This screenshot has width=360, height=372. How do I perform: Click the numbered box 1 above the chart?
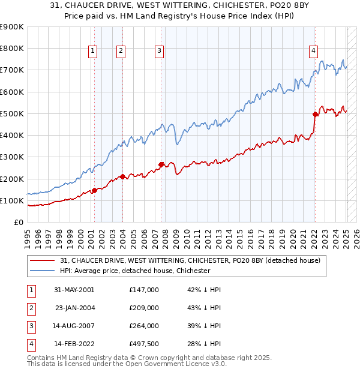[94, 52]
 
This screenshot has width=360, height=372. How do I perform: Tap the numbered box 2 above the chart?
[121, 52]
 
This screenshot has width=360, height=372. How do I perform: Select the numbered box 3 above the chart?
[160, 52]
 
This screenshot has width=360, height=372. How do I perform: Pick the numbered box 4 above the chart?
[314, 52]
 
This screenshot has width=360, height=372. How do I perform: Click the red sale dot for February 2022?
[315, 113]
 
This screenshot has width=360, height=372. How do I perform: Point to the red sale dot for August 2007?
[161, 164]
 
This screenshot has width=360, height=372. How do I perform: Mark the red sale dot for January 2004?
[122, 176]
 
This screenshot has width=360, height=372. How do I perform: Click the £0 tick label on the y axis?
[19, 222]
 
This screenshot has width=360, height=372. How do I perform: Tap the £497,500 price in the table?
[143, 344]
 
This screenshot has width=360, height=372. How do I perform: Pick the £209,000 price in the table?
[143, 308]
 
